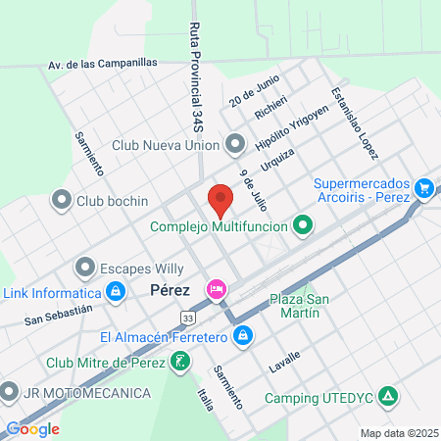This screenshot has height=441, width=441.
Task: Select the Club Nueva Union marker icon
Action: tap(235, 145)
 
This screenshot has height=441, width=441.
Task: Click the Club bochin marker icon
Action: tap(62, 201)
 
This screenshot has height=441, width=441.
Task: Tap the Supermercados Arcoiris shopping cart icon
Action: tap(424, 186)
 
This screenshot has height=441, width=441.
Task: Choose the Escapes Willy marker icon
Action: tap(84, 267)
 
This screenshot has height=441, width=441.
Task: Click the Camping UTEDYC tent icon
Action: tap(390, 398)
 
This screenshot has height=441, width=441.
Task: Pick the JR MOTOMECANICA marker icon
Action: tap(10, 393)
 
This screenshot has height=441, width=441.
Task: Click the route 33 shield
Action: tap(188, 317)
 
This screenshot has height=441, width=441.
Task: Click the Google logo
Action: tap(32, 428)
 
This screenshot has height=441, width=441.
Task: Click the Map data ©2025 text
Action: tap(396, 432)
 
